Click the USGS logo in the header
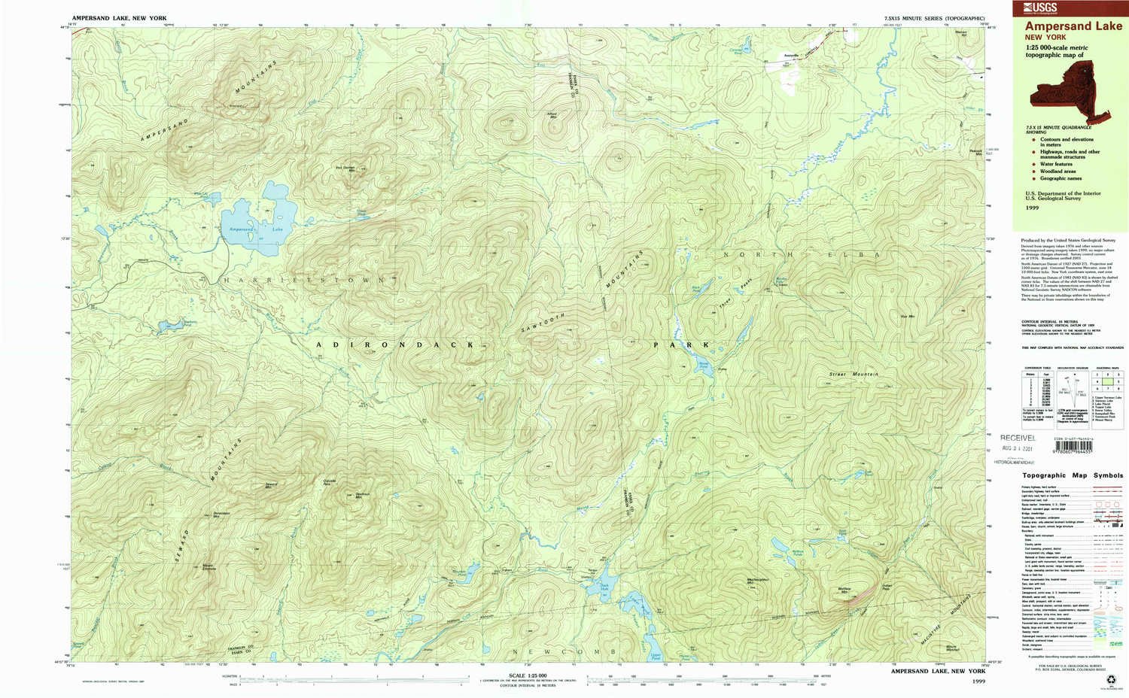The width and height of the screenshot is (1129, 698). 1040,8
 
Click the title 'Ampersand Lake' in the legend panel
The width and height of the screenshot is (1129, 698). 1073,26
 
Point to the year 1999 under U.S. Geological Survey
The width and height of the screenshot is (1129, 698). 1032,206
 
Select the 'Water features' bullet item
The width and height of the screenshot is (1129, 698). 1056,164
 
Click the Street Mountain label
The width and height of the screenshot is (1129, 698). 854,374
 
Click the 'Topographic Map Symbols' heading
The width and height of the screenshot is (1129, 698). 1072,475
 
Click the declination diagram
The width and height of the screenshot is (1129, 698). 1064,390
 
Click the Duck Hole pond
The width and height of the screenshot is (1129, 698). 609,581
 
